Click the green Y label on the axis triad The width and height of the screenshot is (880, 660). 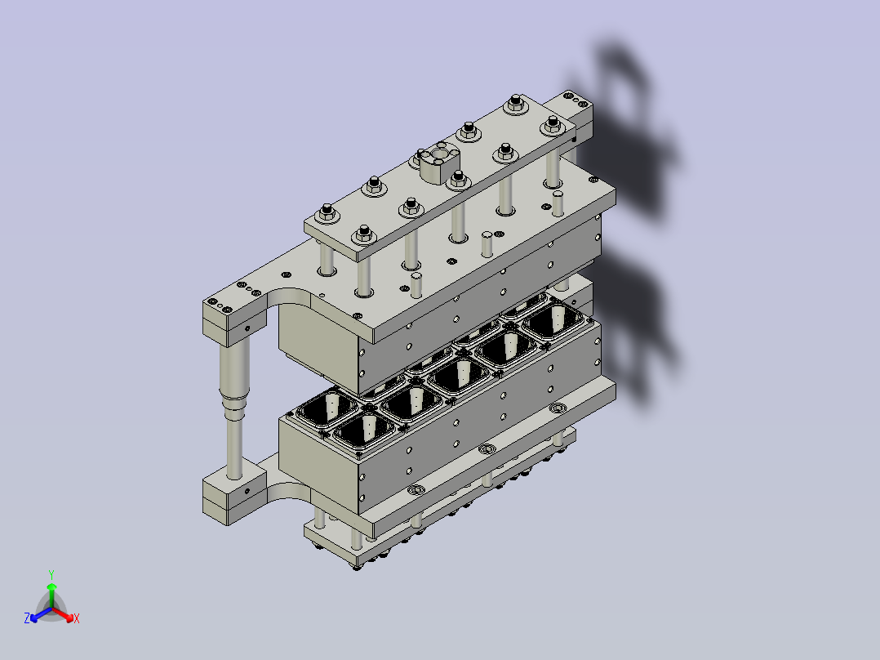click(x=51, y=574)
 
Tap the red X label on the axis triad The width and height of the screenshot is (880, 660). click(x=77, y=618)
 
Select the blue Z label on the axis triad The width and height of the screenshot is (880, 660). click(x=27, y=618)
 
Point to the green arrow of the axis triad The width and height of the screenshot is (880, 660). click(x=51, y=595)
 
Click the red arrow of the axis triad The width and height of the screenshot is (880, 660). click(x=63, y=614)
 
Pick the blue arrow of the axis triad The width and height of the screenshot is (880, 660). click(x=41, y=614)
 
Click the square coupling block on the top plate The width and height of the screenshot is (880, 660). click(x=439, y=162)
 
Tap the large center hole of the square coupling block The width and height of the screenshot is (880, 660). click(x=440, y=153)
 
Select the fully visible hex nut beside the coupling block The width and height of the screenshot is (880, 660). click(x=459, y=179)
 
